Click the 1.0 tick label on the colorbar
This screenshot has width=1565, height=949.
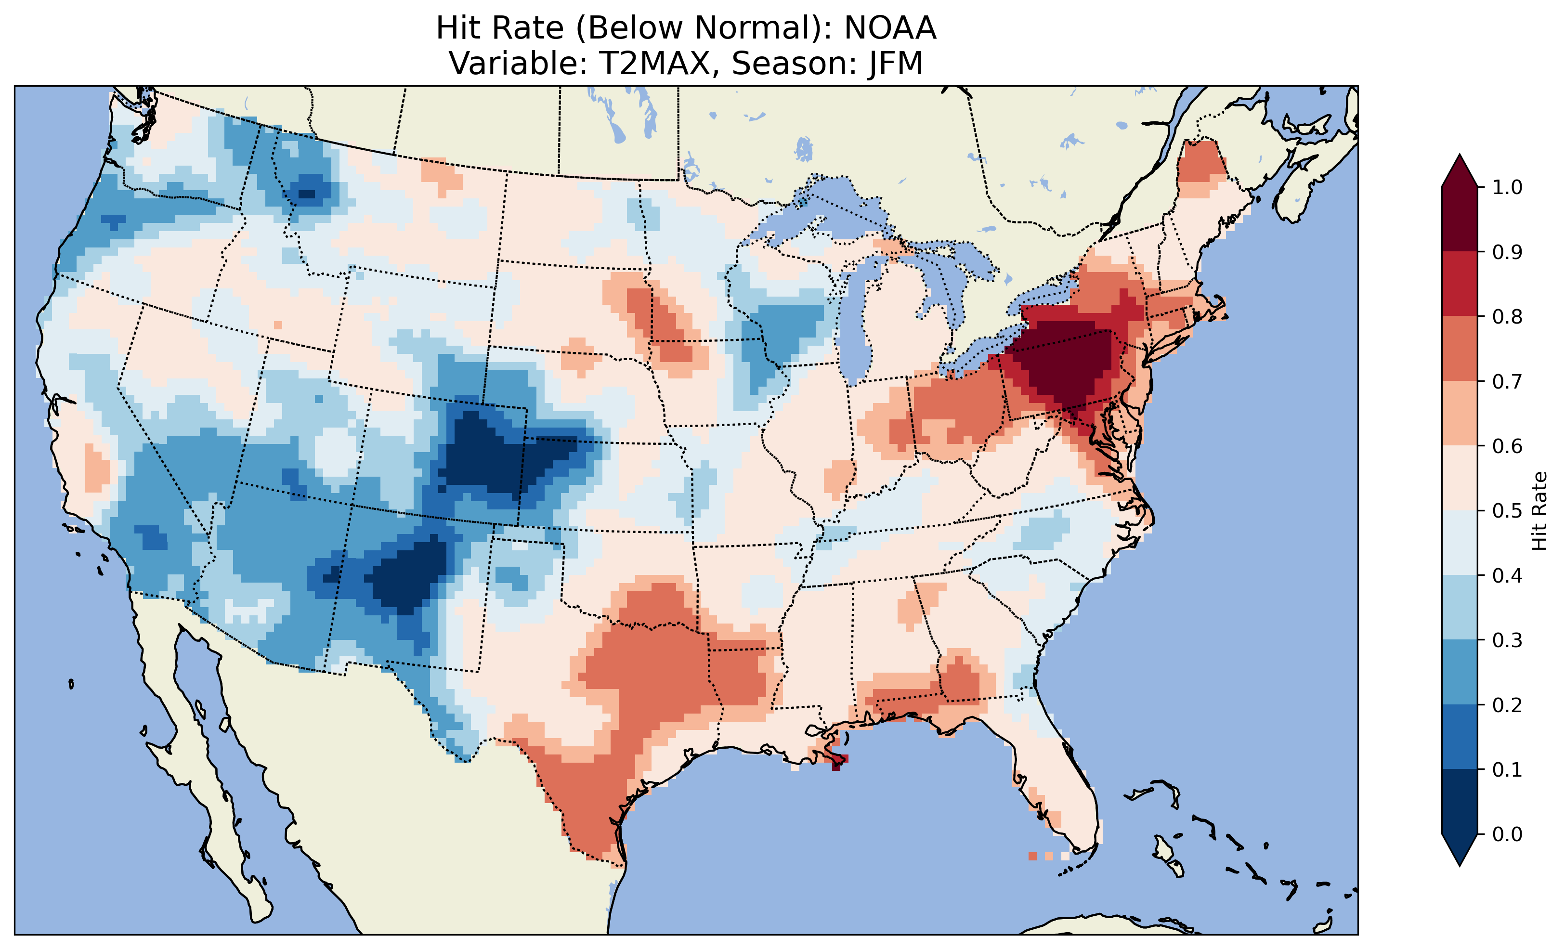[1507, 187]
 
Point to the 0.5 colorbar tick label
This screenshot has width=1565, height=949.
[1507, 511]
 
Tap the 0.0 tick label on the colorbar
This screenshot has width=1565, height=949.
[1507, 834]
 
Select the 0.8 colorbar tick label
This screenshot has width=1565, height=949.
[1507, 316]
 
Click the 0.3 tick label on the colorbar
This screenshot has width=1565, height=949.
[1507, 640]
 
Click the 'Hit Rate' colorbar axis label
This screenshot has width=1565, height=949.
[1539, 511]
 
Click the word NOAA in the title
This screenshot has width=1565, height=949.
[890, 28]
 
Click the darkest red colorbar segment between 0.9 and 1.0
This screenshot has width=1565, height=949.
[1460, 219]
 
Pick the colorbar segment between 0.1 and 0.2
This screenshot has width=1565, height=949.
[1460, 737]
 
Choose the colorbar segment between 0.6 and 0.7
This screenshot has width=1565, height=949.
[1460, 413]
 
